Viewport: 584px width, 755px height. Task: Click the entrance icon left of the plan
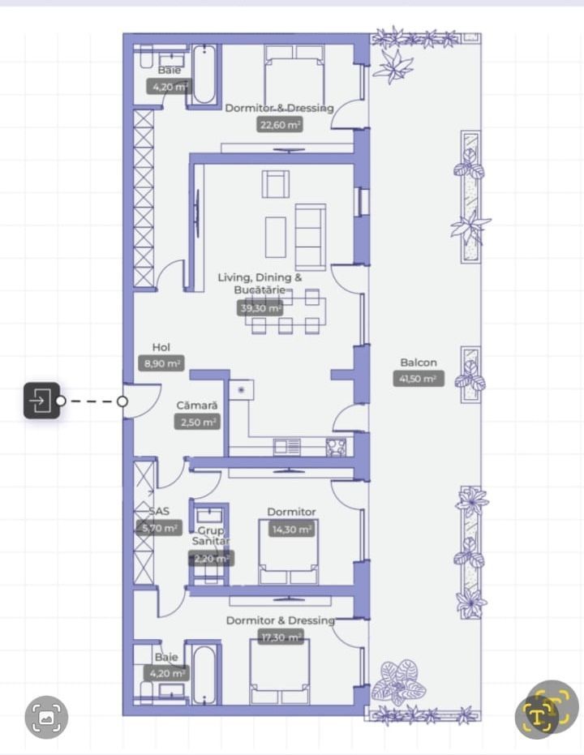click(41, 401)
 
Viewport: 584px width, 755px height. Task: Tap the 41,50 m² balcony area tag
click(419, 379)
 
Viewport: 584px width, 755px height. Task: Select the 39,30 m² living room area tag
click(260, 308)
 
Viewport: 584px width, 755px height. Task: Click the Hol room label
click(161, 347)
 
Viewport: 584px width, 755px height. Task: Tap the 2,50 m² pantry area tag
click(196, 422)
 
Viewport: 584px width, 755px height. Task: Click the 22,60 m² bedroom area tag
click(280, 124)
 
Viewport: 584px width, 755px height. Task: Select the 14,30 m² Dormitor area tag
click(291, 529)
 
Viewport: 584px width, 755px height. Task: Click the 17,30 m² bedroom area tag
click(281, 637)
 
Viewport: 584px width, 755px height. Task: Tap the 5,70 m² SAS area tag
click(158, 528)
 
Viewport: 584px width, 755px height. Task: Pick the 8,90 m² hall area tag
click(162, 364)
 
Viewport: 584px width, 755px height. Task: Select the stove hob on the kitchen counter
click(336, 446)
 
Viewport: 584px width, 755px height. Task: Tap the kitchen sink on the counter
click(287, 446)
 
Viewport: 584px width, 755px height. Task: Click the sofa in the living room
click(310, 236)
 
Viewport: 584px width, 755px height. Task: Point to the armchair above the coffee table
click(275, 184)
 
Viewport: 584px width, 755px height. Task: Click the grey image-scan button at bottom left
click(47, 717)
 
